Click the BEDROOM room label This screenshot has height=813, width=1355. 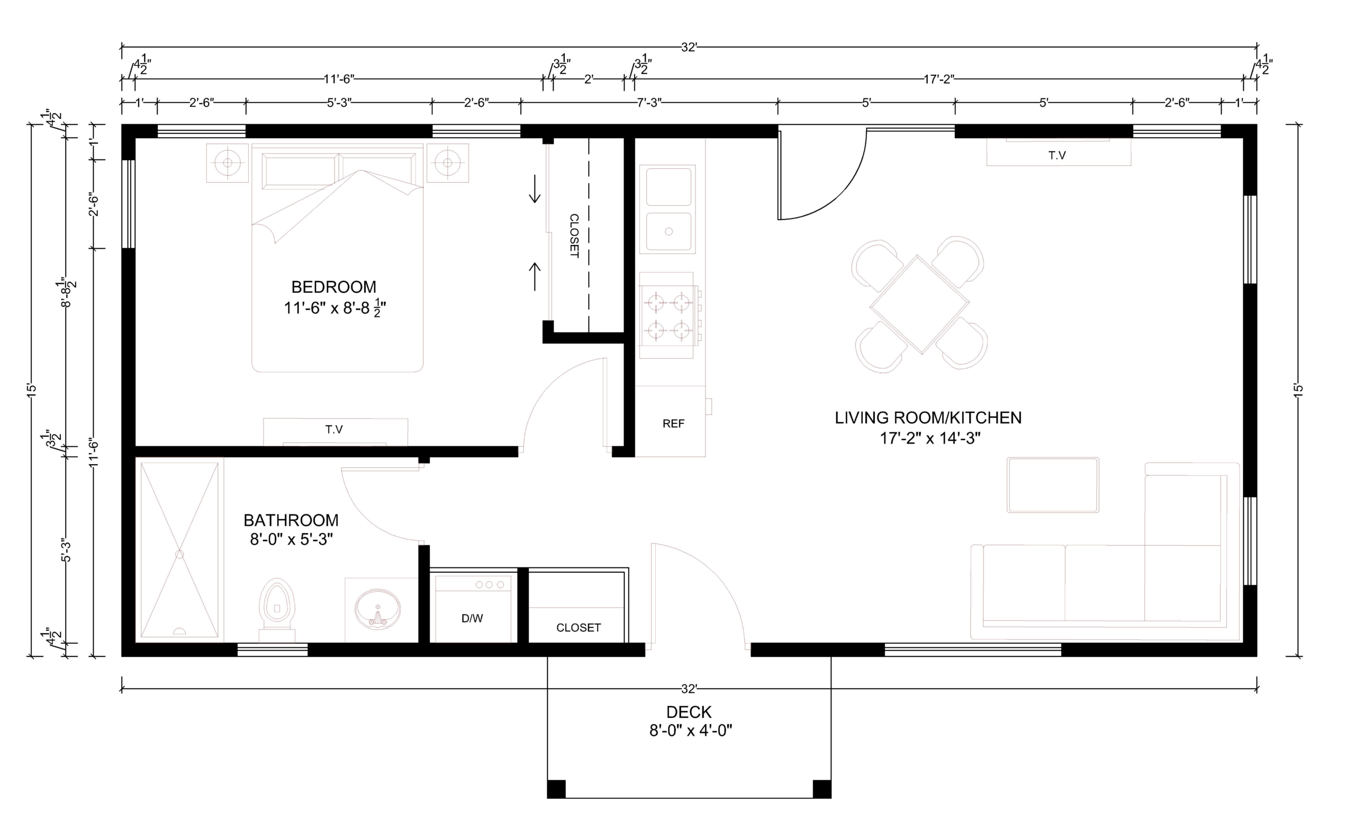pos(333,287)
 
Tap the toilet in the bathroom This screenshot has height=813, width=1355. pos(277,609)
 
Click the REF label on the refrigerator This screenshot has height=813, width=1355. pos(673,423)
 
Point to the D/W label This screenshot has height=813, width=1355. pos(472,619)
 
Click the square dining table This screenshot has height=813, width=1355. pos(919,304)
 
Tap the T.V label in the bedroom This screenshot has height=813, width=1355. pos(334,429)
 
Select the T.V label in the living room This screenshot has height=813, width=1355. pos(1057,156)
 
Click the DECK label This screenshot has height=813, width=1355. pos(689,712)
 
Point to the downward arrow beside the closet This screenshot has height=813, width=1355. pos(535,189)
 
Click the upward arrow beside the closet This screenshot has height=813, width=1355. pos(535,277)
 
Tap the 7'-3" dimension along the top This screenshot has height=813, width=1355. pos(649,103)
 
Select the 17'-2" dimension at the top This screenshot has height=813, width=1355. pos(939,79)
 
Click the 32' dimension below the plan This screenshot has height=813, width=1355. pos(689,689)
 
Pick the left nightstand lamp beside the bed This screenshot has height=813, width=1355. pos(227,162)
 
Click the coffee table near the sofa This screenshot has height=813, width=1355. pos(1053,485)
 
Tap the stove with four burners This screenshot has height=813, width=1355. pos(668,315)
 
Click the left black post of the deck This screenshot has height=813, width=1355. pos(556,789)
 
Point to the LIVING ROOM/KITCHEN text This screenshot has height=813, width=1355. pos(928,418)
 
